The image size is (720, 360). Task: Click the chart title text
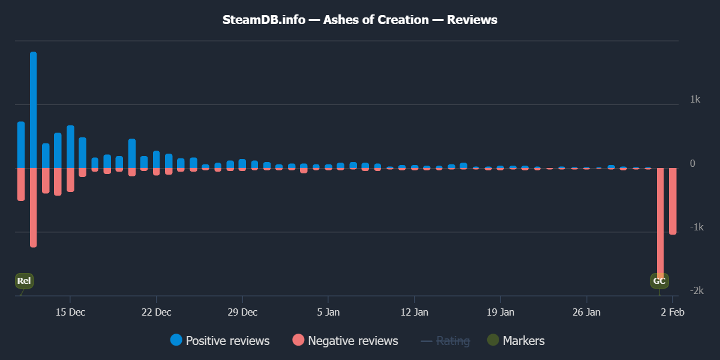360,20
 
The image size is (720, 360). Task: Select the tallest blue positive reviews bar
33,108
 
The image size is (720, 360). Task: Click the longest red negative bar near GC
660,222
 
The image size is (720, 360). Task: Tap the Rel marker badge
24,281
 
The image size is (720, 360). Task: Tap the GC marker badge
659,281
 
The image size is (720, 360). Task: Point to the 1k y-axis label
695,99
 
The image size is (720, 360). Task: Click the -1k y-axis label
695,227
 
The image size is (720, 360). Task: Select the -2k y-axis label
695,290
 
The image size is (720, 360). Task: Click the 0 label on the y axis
692,163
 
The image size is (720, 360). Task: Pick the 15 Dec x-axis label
70,312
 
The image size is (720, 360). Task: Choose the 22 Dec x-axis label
156,312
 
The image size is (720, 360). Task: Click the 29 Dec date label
242,312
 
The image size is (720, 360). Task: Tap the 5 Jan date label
328,312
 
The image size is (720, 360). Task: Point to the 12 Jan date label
414,312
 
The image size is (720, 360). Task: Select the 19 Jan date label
500,312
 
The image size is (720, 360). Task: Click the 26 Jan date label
586,312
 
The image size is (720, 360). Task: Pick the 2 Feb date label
672,312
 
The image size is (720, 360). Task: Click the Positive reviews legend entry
220,341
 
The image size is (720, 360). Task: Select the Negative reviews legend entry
346,341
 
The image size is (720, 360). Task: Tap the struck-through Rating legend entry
446,341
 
